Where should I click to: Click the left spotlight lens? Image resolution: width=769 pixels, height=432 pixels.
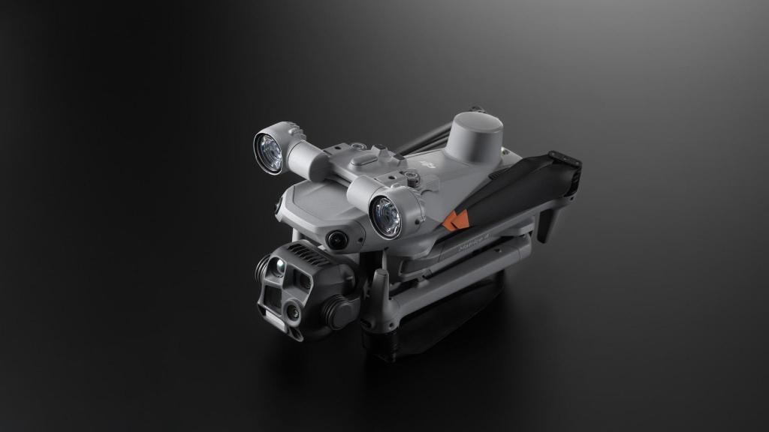[x=268, y=151]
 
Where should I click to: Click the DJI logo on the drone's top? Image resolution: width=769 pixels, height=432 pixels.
[x=428, y=163]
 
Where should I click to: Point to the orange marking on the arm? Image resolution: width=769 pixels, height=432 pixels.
[x=455, y=220]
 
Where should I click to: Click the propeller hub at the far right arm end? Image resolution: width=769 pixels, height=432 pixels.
[x=565, y=160]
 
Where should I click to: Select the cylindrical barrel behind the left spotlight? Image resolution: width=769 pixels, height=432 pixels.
[x=304, y=158]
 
